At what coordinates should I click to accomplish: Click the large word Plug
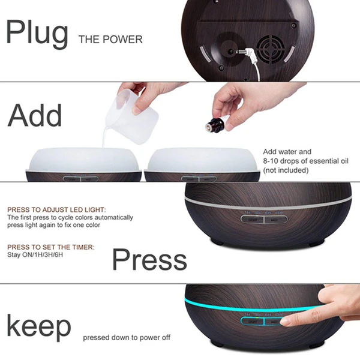click(x=37, y=34)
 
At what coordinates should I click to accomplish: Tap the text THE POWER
click(x=110, y=40)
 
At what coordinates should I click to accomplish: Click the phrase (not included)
click(x=286, y=170)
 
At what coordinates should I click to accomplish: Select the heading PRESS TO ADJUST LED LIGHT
click(x=56, y=209)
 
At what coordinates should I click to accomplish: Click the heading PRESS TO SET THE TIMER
click(x=51, y=246)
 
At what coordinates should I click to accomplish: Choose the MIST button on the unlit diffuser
click(x=270, y=220)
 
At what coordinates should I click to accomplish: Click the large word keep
click(x=38, y=327)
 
